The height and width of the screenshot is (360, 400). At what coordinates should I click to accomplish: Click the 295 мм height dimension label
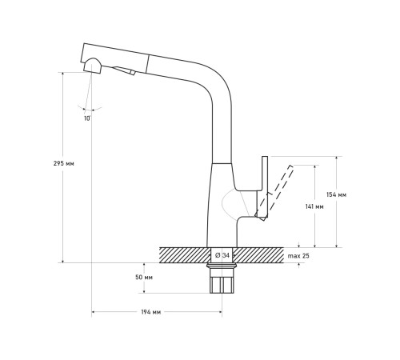click(x=64, y=163)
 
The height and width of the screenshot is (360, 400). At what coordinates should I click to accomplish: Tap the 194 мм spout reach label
click(x=151, y=312)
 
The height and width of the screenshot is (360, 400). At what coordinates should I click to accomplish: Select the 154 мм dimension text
click(x=337, y=194)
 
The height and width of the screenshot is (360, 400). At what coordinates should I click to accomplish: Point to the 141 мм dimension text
click(x=314, y=206)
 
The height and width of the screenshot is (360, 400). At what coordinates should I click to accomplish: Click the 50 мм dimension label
click(x=144, y=278)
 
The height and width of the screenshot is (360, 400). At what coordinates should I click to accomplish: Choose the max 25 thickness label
click(x=298, y=256)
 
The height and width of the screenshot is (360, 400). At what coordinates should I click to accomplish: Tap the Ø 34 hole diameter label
click(x=222, y=255)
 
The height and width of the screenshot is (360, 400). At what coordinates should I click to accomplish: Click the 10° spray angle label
click(x=87, y=118)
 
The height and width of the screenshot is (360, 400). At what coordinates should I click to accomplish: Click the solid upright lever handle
click(x=264, y=186)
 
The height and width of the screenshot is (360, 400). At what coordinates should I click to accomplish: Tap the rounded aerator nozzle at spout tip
click(x=93, y=66)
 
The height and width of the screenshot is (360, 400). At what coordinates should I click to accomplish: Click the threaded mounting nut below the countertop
click(x=222, y=281)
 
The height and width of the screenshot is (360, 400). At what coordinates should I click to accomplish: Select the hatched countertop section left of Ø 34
click(x=185, y=255)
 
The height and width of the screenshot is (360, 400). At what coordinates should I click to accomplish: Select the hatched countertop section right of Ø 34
click(x=258, y=255)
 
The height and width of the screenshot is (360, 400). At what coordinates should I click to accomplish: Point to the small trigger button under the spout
click(x=124, y=70)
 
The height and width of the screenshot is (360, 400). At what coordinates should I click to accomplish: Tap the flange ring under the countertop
click(x=222, y=266)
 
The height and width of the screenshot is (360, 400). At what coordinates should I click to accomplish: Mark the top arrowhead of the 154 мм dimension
click(x=337, y=158)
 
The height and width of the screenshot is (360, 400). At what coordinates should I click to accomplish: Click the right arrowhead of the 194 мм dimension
click(x=220, y=312)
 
